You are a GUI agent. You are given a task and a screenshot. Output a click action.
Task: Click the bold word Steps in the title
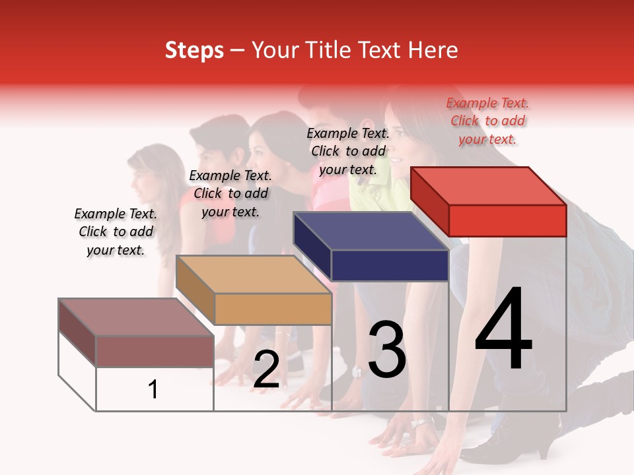(194, 50)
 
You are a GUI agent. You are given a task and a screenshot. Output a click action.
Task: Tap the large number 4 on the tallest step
(503, 329)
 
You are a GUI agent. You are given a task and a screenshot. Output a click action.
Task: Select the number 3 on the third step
(386, 350)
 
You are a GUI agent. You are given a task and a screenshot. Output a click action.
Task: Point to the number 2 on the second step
(266, 369)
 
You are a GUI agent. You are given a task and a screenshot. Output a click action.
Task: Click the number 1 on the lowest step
(153, 390)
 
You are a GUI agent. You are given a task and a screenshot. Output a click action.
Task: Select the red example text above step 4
(487, 121)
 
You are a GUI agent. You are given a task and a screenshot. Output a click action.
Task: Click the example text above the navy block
(348, 151)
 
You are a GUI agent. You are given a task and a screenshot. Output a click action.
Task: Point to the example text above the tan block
(230, 193)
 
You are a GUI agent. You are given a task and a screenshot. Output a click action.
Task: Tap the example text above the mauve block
(116, 232)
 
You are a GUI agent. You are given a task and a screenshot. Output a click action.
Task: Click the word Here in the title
(434, 50)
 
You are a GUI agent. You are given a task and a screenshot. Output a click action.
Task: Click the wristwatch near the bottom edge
(423, 422)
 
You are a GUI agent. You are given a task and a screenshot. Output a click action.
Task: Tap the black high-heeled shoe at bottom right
(522, 449)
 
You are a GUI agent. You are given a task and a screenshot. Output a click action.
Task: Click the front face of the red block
(507, 220)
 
